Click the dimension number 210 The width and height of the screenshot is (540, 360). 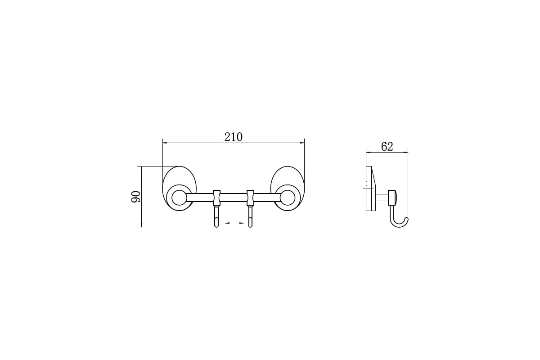(234, 137)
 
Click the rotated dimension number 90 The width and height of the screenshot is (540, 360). (136, 197)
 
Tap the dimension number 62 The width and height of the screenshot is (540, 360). (387, 146)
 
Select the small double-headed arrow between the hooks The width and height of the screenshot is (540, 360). (234, 223)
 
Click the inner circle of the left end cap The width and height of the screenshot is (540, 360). (179, 198)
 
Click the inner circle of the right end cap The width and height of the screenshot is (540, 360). (288, 198)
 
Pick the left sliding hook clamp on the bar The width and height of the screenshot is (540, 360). (216, 198)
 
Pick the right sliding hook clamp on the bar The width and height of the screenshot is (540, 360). (251, 198)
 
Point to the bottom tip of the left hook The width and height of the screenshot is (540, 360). (216, 227)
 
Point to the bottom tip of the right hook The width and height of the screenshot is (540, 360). (251, 227)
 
